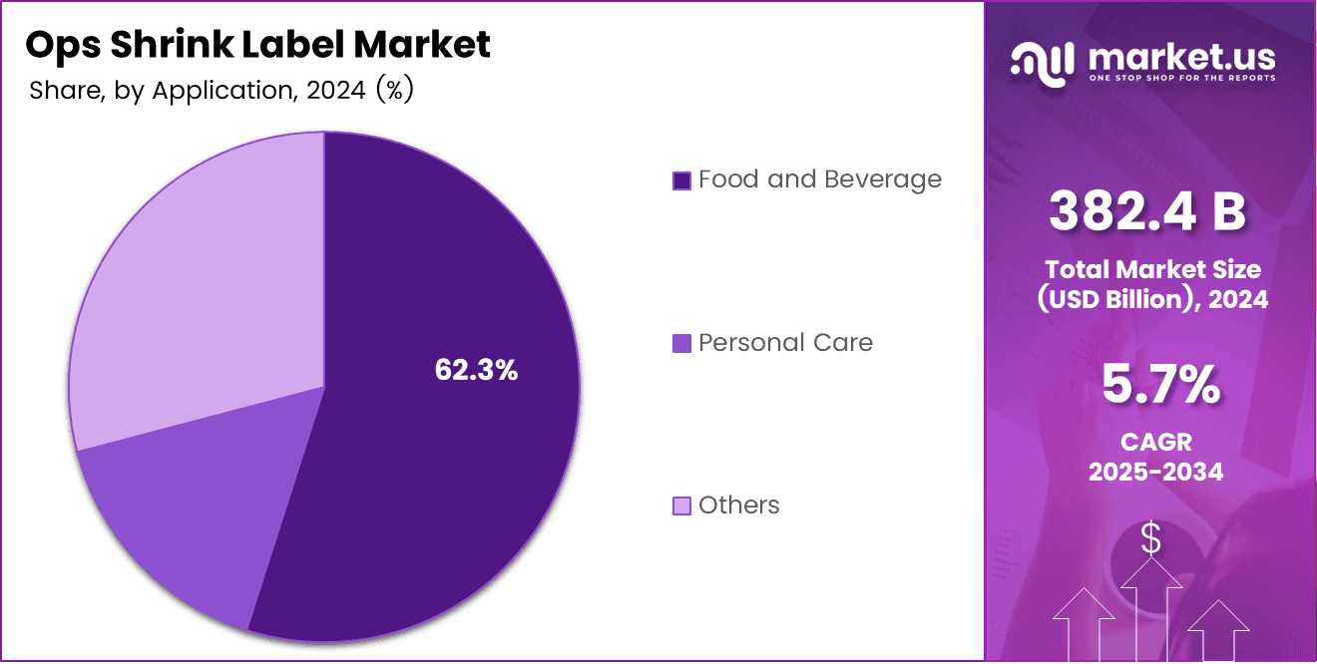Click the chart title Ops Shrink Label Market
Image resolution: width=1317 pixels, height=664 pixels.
[x=257, y=45]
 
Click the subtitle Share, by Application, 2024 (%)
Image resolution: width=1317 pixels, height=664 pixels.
[x=221, y=91]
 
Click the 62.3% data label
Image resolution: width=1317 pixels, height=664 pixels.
[x=476, y=370]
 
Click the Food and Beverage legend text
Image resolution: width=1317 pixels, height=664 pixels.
[x=819, y=179]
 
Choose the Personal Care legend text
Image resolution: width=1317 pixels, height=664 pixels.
[x=785, y=343]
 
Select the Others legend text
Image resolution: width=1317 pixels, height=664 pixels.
[x=738, y=505]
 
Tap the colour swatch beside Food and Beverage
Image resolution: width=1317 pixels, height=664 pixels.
[x=682, y=180]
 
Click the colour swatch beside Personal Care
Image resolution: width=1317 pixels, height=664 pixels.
[x=682, y=344]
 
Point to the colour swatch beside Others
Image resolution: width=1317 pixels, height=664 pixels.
[x=682, y=506]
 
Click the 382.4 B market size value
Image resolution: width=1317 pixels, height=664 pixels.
[x=1146, y=212]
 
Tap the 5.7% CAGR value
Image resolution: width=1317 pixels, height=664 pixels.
[x=1159, y=385]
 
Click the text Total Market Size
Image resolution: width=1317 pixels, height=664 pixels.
[x=1152, y=269]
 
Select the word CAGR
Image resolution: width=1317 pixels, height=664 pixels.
[x=1155, y=442]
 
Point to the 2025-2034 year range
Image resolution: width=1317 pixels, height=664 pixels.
[x=1155, y=472]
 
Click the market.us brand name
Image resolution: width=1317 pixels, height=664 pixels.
[x=1182, y=55]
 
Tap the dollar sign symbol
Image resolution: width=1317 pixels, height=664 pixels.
[x=1150, y=539]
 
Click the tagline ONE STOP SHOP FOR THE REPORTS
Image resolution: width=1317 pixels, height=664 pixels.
[x=1181, y=78]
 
